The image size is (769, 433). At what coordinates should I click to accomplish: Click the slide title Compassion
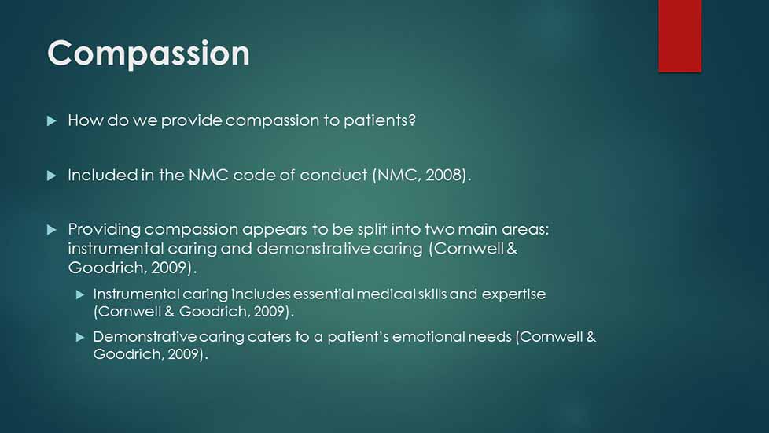(x=149, y=53)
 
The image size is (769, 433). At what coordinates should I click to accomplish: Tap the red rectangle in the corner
(x=679, y=36)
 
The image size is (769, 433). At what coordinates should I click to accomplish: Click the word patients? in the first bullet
(x=380, y=120)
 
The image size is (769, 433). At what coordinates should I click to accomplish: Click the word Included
(x=102, y=176)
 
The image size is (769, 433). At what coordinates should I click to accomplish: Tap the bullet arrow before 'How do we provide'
(x=51, y=120)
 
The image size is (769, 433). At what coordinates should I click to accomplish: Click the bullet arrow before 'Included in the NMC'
(x=51, y=176)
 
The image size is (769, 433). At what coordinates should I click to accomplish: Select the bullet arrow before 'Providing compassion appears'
(x=51, y=229)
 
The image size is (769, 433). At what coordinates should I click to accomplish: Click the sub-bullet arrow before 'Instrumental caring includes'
(x=80, y=294)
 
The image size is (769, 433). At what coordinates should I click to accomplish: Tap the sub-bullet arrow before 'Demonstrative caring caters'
(x=80, y=337)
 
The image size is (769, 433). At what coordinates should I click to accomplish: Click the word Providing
(x=105, y=229)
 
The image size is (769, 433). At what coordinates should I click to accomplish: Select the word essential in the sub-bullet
(x=323, y=294)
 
